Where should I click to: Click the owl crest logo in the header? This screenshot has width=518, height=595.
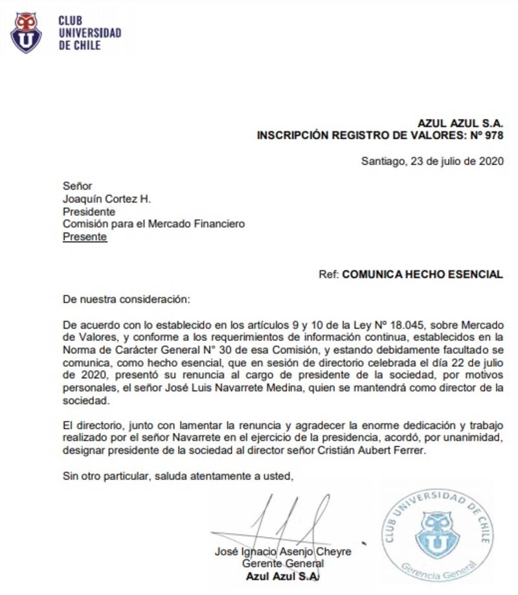[26, 32]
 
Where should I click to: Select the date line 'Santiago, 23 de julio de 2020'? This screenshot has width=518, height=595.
[432, 162]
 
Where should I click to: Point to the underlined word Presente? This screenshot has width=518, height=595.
[85, 237]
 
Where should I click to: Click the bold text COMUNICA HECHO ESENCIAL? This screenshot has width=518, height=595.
[422, 274]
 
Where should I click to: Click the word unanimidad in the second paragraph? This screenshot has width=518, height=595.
[477, 438]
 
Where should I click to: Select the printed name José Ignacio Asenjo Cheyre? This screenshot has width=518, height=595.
[283, 552]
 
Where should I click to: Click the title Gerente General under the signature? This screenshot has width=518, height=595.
[283, 564]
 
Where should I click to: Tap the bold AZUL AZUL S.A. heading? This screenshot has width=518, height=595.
[460, 124]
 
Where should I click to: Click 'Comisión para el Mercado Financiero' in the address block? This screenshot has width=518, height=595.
[153, 224]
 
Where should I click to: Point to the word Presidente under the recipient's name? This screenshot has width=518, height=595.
[89, 211]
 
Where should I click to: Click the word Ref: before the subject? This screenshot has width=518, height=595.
[329, 274]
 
